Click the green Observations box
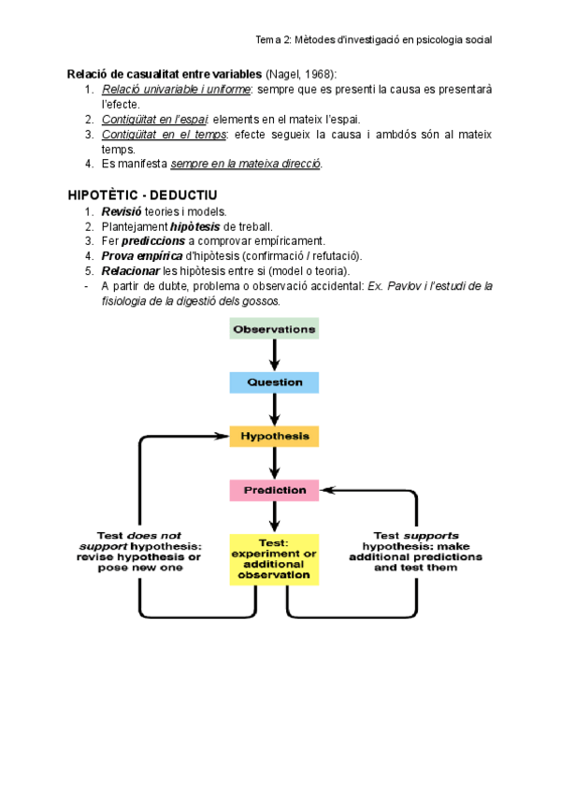[274, 329]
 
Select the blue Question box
[274, 382]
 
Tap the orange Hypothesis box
[274, 437]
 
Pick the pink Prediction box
[274, 491]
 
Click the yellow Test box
[274, 559]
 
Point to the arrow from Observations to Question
[274, 355]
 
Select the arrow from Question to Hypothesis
[274, 410]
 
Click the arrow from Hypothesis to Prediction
[274, 463]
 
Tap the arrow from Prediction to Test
[274, 517]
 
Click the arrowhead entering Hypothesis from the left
[223, 436]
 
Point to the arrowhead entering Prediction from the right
[327, 490]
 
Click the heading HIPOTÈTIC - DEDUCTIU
[143, 195]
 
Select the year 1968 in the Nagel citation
[318, 75]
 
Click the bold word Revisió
[122, 212]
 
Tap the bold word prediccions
[153, 241]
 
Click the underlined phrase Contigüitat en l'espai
[155, 120]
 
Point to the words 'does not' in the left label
[153, 536]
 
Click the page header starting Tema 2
[374, 40]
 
